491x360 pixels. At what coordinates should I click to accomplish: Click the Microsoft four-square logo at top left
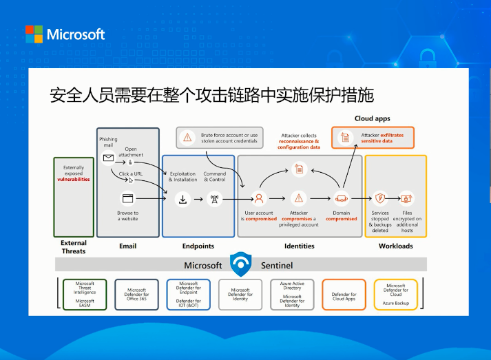34,34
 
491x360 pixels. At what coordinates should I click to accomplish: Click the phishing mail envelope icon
108,158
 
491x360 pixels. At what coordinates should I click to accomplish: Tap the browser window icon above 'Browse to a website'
127,198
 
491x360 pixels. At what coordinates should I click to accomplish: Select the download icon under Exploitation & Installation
183,200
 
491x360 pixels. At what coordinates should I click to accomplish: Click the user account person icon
260,198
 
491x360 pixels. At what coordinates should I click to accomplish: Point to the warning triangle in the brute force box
187,138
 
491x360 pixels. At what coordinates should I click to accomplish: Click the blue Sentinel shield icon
241,264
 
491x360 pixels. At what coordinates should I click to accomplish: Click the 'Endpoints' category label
198,246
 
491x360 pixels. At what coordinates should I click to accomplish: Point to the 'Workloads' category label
395,246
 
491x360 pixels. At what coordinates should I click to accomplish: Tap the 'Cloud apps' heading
372,118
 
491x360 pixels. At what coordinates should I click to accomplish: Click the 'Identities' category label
299,246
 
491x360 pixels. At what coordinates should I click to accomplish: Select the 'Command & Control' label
215,176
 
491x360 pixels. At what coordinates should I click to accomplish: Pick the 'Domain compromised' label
342,216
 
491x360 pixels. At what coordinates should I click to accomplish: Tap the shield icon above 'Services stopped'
379,198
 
